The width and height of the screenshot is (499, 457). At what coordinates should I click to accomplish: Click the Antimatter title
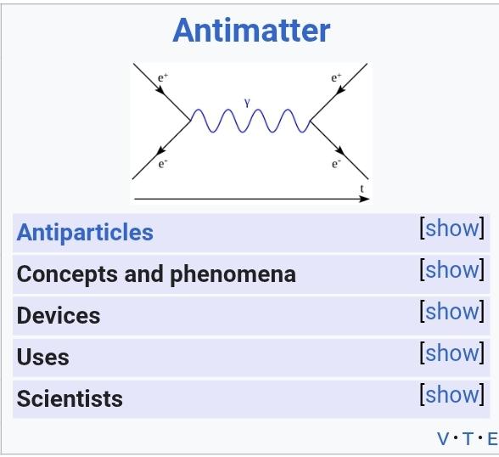pyautogui.click(x=251, y=31)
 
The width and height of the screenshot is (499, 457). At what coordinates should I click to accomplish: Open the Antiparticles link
pyautogui.click(x=85, y=232)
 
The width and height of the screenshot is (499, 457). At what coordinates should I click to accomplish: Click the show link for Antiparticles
pyautogui.click(x=451, y=228)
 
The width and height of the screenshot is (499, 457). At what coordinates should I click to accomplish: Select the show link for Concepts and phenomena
pyautogui.click(x=451, y=270)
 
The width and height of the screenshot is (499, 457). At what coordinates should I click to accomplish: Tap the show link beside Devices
pyautogui.click(x=451, y=311)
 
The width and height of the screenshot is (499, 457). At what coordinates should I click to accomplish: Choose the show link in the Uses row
pyautogui.click(x=451, y=353)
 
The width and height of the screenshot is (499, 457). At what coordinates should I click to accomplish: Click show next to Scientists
pyautogui.click(x=451, y=395)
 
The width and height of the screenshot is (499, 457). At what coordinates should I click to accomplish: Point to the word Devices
pyautogui.click(x=59, y=316)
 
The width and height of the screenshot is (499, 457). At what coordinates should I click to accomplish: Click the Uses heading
pyautogui.click(x=42, y=357)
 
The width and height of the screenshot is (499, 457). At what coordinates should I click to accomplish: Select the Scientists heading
pyautogui.click(x=70, y=398)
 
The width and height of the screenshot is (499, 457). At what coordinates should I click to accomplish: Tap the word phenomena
pyautogui.click(x=233, y=274)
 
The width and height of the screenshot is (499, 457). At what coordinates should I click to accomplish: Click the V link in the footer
pyautogui.click(x=443, y=438)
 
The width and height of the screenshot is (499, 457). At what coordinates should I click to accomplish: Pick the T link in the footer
pyautogui.click(x=468, y=438)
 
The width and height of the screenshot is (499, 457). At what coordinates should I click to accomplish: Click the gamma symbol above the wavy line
pyautogui.click(x=247, y=103)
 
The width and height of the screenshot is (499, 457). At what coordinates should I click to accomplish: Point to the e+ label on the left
pyautogui.click(x=163, y=77)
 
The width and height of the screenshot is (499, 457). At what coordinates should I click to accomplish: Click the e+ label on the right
pyautogui.click(x=336, y=77)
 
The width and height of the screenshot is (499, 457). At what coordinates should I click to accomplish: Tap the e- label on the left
pyautogui.click(x=163, y=164)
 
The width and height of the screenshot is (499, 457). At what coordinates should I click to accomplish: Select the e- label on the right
pyautogui.click(x=336, y=164)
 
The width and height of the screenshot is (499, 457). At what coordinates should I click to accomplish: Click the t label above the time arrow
pyautogui.click(x=362, y=189)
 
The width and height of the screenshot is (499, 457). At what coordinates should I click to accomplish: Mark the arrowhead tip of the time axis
pyautogui.click(x=369, y=199)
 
